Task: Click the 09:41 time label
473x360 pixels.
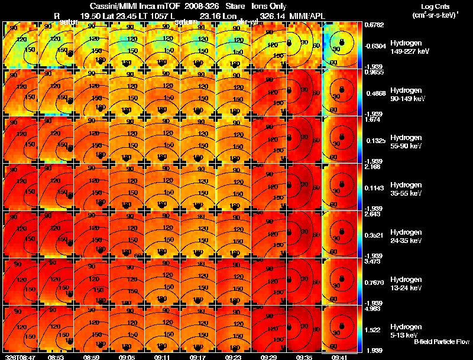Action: tap(339, 357)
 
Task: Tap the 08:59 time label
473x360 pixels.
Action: tap(91, 357)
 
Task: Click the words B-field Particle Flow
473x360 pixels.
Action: tap(442, 342)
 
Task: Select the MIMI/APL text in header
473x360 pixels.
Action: tap(306, 15)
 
